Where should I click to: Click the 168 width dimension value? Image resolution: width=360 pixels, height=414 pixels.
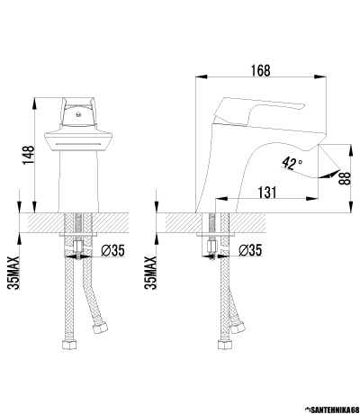click(x=261, y=70)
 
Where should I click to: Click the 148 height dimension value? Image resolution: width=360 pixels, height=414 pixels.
click(x=29, y=155)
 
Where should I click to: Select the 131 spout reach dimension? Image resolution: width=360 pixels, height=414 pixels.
click(x=266, y=193)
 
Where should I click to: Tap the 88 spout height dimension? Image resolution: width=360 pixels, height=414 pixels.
click(x=346, y=178)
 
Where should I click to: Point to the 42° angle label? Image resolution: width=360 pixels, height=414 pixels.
click(x=292, y=164)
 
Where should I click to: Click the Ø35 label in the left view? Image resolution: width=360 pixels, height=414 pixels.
click(x=112, y=250)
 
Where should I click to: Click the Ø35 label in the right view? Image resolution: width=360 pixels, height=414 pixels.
click(x=250, y=250)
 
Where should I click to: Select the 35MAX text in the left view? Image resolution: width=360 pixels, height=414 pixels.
click(x=13, y=273)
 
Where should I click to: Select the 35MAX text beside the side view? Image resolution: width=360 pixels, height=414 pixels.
click(x=150, y=273)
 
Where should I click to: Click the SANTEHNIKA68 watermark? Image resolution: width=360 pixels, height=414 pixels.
click(x=332, y=409)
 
